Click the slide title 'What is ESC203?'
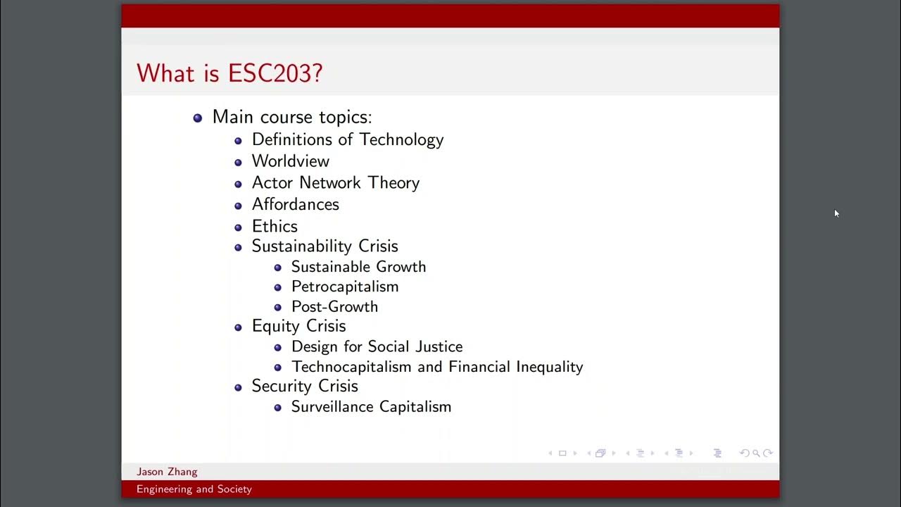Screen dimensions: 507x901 (229, 73)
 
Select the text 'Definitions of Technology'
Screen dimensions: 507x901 (348, 139)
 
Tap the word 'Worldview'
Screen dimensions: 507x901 (291, 161)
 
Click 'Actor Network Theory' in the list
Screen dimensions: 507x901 (336, 183)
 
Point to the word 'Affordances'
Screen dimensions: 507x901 (296, 204)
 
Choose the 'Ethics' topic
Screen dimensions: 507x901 (275, 226)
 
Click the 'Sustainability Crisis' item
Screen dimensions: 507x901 (325, 246)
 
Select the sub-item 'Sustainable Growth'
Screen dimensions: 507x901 (358, 267)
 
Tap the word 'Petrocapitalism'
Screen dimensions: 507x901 (345, 287)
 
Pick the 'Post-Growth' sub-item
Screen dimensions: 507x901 (334, 306)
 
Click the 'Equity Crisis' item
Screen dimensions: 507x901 (298, 326)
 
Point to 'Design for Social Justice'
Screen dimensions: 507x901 (377, 346)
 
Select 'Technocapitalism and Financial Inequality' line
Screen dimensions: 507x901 (437, 367)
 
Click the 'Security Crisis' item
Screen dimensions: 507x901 (305, 386)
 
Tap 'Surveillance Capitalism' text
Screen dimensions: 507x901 (371, 406)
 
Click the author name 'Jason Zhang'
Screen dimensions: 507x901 (167, 472)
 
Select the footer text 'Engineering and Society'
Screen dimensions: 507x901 (194, 489)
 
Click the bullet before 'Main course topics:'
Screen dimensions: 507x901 (198, 118)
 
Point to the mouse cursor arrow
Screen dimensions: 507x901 (836, 213)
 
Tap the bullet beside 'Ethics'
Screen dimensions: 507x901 (238, 227)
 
